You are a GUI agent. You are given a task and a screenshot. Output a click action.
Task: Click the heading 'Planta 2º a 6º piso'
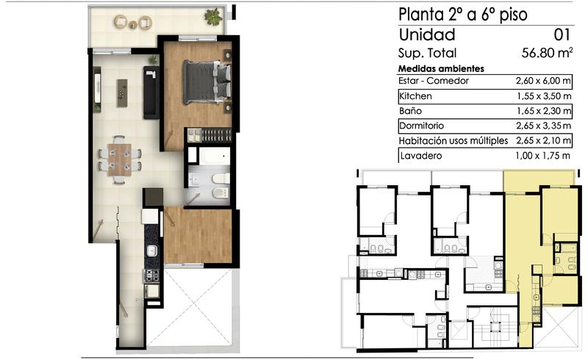point(463,15)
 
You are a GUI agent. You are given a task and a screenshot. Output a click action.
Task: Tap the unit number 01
point(562,35)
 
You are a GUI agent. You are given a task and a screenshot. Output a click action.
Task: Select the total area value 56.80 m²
point(547,53)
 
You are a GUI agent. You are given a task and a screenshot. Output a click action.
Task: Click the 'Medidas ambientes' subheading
point(441,68)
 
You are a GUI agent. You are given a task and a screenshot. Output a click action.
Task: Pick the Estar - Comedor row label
point(434,81)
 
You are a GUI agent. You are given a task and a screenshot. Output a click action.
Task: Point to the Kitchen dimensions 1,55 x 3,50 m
point(544,96)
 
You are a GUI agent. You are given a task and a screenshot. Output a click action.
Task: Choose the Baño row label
point(410,111)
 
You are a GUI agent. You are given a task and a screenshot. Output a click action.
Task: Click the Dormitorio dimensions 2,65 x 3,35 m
point(544,126)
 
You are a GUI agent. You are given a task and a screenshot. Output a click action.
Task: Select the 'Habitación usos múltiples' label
point(453,140)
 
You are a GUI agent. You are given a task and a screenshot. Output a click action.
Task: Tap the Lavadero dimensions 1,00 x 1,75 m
point(542,156)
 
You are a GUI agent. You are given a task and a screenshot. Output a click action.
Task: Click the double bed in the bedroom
point(207,82)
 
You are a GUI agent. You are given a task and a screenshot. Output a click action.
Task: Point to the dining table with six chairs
point(120,159)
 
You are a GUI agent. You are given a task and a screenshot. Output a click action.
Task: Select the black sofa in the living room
point(151,93)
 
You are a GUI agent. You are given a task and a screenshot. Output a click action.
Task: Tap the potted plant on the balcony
point(213,17)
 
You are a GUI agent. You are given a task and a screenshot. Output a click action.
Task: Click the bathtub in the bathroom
point(214,156)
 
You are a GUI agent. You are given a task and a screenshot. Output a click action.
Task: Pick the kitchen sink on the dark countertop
point(152,251)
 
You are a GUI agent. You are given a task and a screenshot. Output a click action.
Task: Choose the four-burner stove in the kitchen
point(151,276)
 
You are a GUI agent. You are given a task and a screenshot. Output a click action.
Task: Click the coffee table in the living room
point(122,93)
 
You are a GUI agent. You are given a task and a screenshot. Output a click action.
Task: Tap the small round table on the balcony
point(133,25)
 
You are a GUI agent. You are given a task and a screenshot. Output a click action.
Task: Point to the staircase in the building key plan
point(495,326)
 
